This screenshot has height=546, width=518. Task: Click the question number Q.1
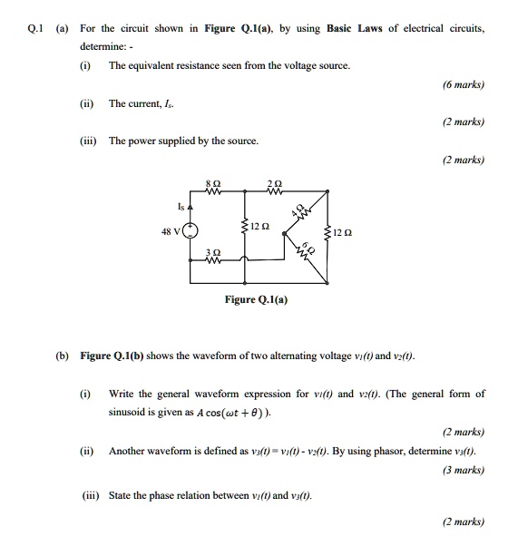click(35, 29)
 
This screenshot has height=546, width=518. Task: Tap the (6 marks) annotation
click(464, 84)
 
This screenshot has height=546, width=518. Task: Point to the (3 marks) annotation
click(464, 469)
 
